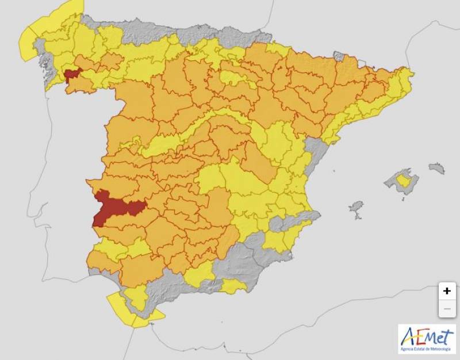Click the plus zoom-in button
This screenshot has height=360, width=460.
447,291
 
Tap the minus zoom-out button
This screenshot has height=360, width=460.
447,309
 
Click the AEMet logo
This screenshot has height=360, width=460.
427,336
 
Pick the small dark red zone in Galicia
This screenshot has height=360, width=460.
72,75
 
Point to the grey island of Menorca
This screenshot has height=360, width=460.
436,168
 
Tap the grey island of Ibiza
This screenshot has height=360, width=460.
356,208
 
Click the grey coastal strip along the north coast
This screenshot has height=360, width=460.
172,29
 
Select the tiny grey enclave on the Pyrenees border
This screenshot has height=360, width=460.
339,56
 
